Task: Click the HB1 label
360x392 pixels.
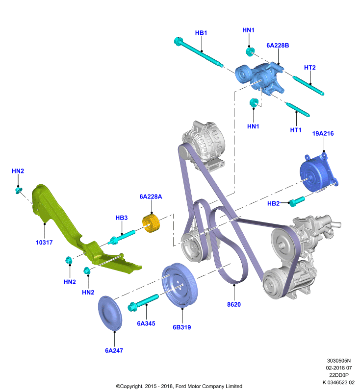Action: tap(201, 33)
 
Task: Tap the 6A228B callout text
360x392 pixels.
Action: tap(278, 45)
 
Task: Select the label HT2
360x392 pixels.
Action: tap(309, 68)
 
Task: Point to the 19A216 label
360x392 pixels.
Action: tap(323, 133)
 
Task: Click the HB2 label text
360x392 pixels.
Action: tap(273, 203)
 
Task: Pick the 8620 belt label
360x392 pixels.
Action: tap(234, 304)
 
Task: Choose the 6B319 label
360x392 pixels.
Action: tap(182, 327)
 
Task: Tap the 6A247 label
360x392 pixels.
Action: tap(114, 350)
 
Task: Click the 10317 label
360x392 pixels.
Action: tap(44, 242)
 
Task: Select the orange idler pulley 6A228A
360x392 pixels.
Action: tap(151, 223)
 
